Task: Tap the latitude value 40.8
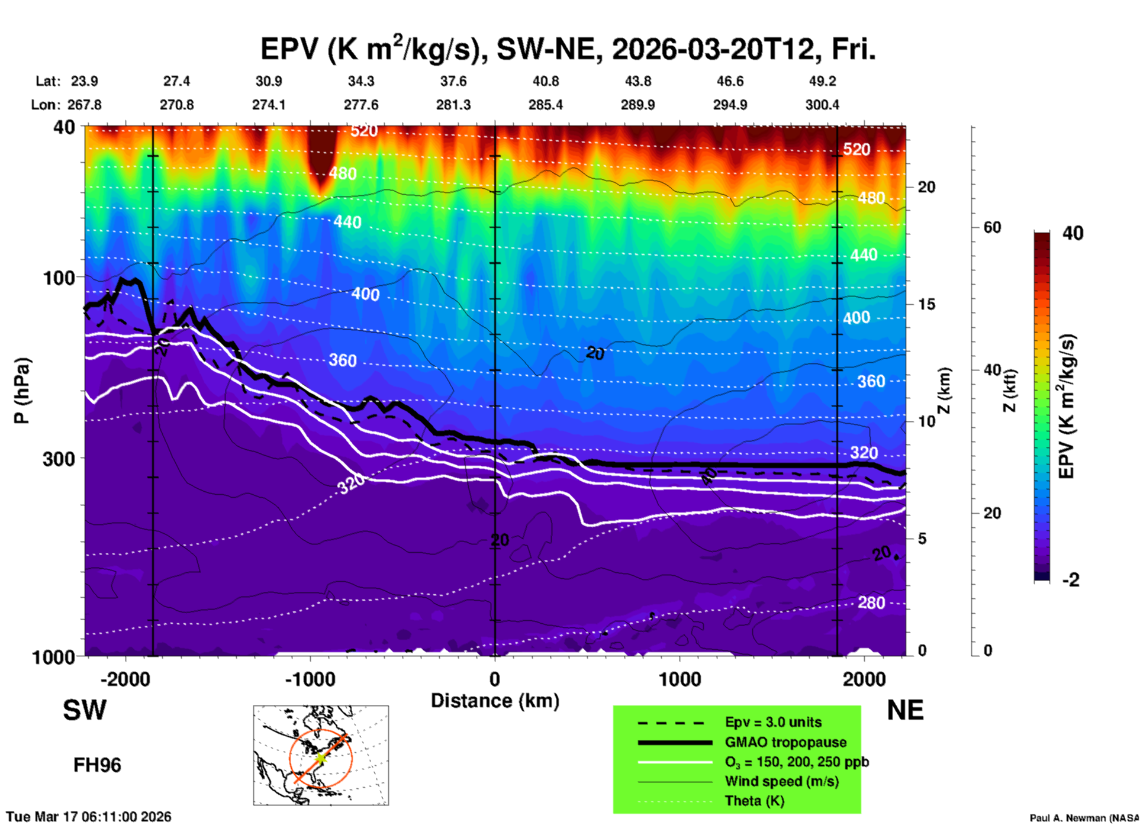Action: [545, 81]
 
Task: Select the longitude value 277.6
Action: [361, 105]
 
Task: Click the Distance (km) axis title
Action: [495, 701]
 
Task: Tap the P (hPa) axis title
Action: [22, 391]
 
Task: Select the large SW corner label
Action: [85, 710]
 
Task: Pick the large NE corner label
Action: [905, 710]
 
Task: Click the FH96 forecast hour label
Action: [97, 765]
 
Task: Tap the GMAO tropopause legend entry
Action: [785, 742]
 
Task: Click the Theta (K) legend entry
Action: [754, 801]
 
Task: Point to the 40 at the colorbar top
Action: [1072, 233]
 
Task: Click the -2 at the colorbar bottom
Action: [1071, 580]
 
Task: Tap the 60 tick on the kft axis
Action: [992, 227]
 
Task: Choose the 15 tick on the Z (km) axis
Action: [926, 304]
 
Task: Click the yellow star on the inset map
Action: [320, 758]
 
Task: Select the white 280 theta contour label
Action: [871, 602]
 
